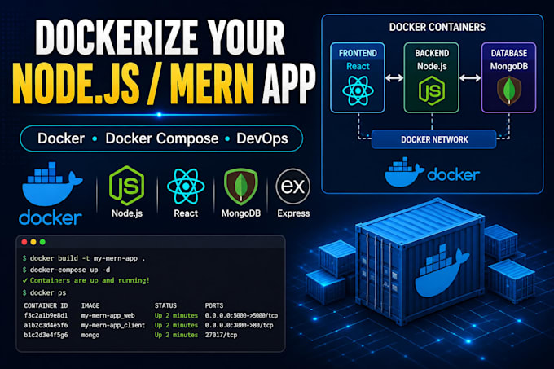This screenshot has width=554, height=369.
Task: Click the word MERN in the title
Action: click(x=213, y=84)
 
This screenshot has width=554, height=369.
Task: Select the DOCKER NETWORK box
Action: click(x=434, y=139)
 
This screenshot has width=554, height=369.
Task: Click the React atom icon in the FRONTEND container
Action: click(x=358, y=90)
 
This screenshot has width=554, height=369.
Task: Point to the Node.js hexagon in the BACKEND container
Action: click(x=432, y=90)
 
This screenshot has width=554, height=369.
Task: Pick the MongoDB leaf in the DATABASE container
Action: click(x=508, y=90)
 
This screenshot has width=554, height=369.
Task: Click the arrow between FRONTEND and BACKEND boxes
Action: click(x=394, y=77)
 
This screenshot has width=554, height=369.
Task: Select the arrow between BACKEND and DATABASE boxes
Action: click(x=470, y=77)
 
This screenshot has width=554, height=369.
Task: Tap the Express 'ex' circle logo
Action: click(x=293, y=186)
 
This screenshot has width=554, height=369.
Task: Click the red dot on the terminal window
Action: click(x=24, y=242)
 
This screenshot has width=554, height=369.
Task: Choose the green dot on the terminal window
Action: click(x=42, y=242)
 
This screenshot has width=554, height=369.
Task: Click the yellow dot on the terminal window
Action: click(x=33, y=242)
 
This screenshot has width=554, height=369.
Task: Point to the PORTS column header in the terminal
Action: click(x=214, y=305)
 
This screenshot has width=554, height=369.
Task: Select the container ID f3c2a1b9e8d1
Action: click(x=46, y=315)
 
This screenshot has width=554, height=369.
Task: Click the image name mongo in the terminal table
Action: click(x=90, y=335)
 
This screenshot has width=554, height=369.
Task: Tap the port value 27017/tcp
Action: click(x=221, y=335)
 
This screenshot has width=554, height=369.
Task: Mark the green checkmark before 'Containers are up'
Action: click(x=24, y=280)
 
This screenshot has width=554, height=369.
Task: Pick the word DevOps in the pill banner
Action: click(x=262, y=138)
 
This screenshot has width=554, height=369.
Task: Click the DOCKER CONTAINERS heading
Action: click(x=437, y=27)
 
